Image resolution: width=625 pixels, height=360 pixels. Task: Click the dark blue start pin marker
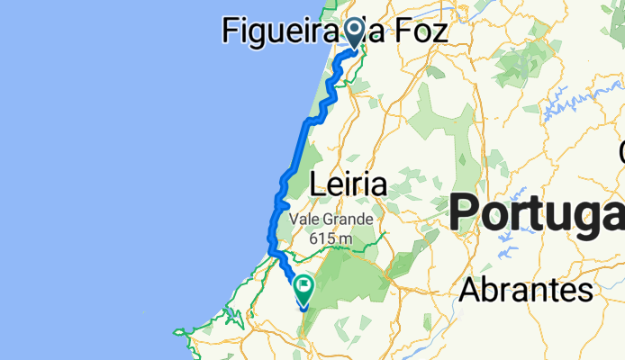pyautogui.click(x=355, y=32)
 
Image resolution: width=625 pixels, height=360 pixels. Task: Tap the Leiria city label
pyautogui.click(x=348, y=185)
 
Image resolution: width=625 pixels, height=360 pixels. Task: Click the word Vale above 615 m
pyautogui.click(x=305, y=219)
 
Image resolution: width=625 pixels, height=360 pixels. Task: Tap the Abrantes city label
pyautogui.click(x=527, y=290)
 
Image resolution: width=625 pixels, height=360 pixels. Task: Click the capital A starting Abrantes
pyautogui.click(x=469, y=290)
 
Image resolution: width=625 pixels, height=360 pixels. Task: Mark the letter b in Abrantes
pyautogui.click(x=491, y=289)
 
